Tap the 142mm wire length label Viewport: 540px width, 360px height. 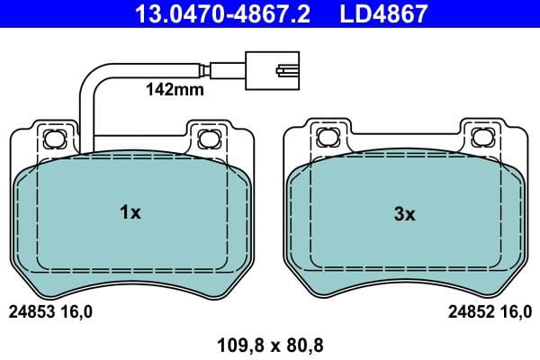tap(175, 89)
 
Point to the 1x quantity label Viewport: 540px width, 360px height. tap(130, 213)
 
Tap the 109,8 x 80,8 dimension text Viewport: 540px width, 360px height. tap(269, 343)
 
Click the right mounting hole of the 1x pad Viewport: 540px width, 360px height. tap(209, 138)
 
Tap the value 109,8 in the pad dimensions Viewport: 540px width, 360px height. tap(238, 343)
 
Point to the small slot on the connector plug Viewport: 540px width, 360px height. tap(286, 67)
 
